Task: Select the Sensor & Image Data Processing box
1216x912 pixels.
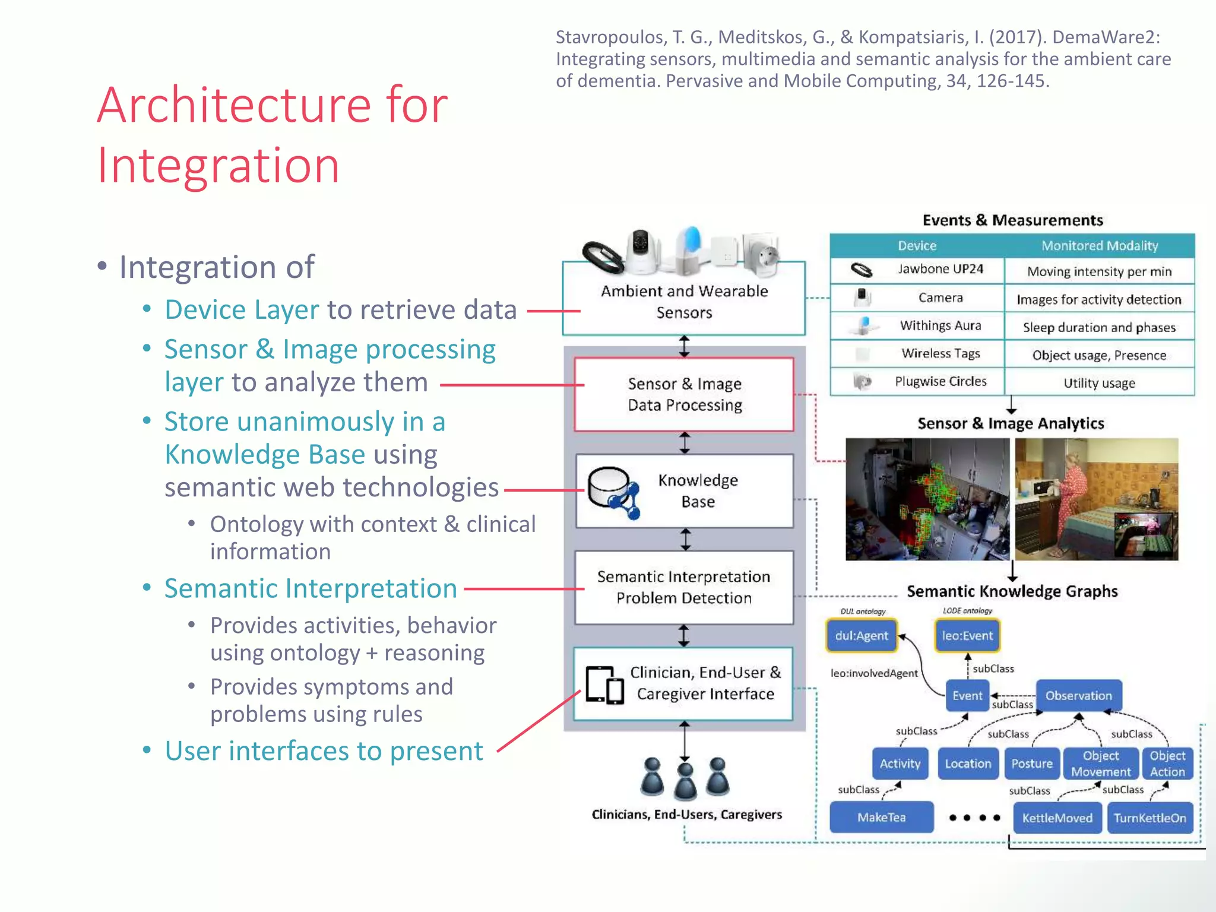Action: click(x=684, y=394)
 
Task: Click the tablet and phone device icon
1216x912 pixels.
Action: click(x=604, y=685)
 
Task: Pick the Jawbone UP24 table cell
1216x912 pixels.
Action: click(x=940, y=270)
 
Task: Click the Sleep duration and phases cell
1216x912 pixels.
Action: click(x=1098, y=327)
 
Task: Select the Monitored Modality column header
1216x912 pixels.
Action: click(x=1099, y=245)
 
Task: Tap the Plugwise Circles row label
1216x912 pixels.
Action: click(x=940, y=382)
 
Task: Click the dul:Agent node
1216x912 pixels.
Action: click(x=861, y=636)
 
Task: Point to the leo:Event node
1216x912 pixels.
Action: click(x=967, y=636)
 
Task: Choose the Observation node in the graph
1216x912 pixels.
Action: click(x=1078, y=696)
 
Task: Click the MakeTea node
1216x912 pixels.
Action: click(x=881, y=818)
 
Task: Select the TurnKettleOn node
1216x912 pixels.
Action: click(x=1149, y=818)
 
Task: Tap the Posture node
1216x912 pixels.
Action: click(x=1031, y=764)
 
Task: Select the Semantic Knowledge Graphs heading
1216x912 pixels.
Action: click(x=1012, y=591)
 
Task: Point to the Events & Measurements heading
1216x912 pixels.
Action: click(x=1012, y=220)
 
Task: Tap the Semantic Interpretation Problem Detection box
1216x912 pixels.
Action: click(x=684, y=587)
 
